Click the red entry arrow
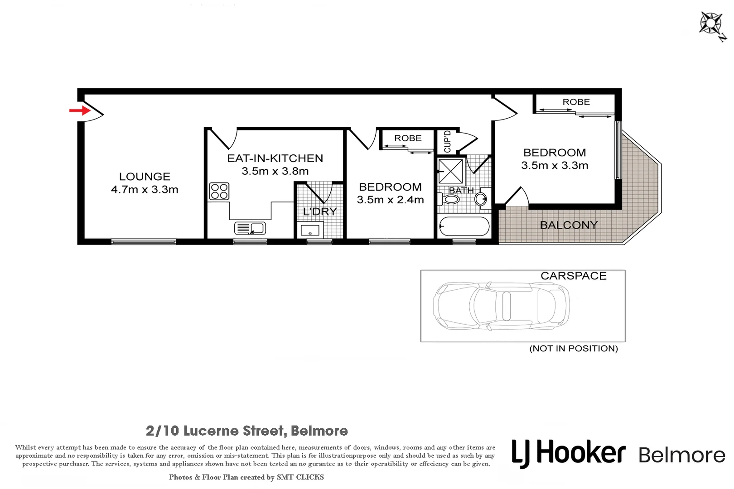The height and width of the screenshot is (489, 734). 79,110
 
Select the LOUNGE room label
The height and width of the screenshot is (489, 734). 145,177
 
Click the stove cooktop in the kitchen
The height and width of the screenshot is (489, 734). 219,191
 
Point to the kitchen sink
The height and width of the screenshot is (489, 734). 250,228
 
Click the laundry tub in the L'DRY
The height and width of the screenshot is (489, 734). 310,230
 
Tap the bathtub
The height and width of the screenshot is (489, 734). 464,226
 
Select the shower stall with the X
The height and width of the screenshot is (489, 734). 451,171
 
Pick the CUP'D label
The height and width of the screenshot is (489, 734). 447,142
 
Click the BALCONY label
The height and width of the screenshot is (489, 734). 569,225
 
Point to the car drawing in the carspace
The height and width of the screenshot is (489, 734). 501,306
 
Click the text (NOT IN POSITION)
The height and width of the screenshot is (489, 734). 574,348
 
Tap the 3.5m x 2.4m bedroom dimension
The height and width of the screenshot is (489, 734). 390,200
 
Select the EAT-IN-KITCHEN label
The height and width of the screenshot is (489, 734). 275,158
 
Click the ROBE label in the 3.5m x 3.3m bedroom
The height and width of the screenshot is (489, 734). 576,102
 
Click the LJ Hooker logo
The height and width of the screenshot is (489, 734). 569,453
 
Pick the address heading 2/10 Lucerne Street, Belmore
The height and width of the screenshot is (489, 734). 247,431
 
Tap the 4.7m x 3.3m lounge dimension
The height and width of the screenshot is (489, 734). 145,190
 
